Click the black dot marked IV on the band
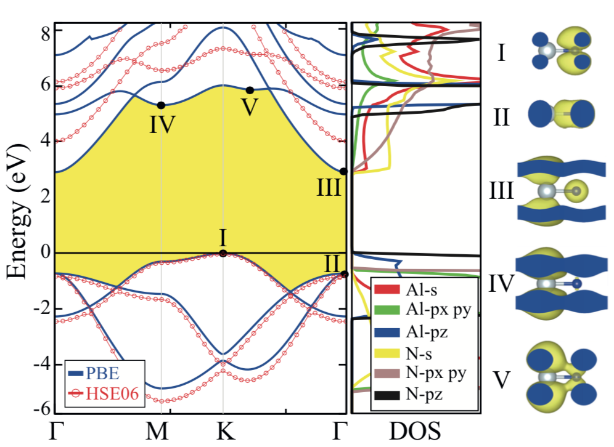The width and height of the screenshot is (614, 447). point(161,105)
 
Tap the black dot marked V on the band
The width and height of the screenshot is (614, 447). point(250,91)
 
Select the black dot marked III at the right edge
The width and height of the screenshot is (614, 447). point(343,171)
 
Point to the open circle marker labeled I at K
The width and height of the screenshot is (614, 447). point(223,253)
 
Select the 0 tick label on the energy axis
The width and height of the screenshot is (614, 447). point(45,253)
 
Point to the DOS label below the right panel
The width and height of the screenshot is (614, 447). point(415,432)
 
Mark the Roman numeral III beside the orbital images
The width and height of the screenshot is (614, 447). point(498,191)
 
